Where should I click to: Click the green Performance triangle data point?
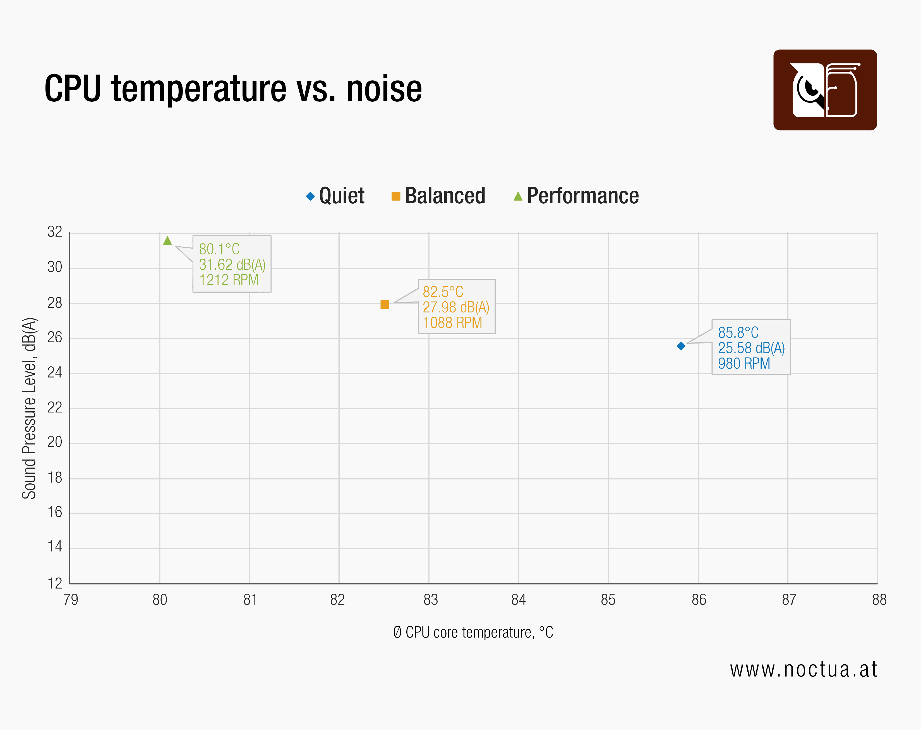167,241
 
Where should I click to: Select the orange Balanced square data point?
385,304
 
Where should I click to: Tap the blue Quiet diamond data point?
681,346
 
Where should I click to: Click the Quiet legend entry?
335,196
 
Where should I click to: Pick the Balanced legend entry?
439,196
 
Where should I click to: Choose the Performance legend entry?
576,196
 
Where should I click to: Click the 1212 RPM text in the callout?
229,280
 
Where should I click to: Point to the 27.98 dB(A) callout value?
455,307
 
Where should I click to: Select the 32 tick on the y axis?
55,232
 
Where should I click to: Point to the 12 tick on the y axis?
55,583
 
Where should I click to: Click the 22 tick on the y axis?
55,407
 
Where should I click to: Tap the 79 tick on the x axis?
71,600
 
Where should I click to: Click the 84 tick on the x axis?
518,600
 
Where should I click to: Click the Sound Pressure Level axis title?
29,408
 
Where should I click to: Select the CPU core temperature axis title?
473,632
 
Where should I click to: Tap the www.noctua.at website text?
803,669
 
